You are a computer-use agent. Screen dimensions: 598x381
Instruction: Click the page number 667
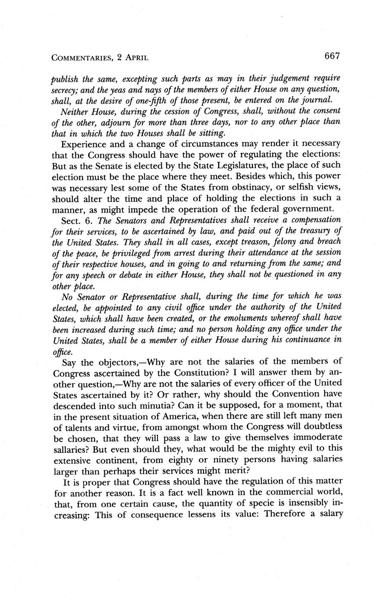330,56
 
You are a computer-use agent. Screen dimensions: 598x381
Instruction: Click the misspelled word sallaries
71,449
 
